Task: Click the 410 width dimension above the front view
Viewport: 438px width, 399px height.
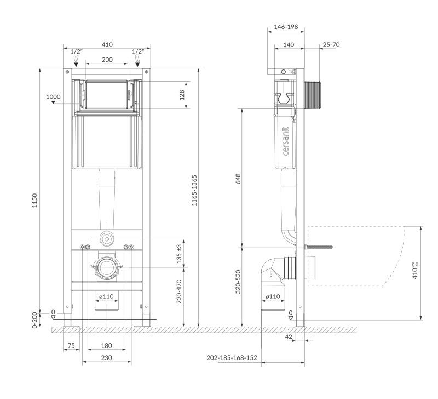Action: (107, 45)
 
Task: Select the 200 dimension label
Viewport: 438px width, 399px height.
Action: (107, 60)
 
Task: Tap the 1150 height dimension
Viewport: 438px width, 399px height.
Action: (34, 201)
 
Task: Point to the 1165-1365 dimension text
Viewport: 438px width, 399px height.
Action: (194, 190)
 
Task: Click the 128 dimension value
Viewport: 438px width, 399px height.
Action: (182, 95)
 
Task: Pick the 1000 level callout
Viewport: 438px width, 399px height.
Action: (53, 97)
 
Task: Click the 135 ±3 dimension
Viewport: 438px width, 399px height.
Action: (180, 254)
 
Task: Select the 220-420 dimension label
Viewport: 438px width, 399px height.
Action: (180, 291)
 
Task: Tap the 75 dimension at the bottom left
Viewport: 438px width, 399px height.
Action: (71, 346)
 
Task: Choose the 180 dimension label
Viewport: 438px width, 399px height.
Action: (106, 346)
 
